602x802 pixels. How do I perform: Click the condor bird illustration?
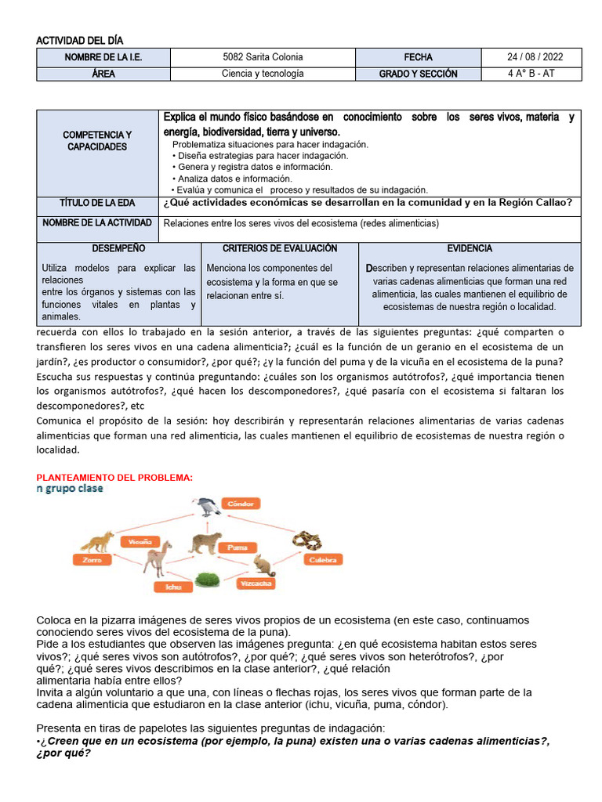pos(207,508)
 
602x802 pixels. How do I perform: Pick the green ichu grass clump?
pos(206,580)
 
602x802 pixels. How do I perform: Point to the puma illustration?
pos(205,543)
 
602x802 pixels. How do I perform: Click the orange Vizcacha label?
pos(257,583)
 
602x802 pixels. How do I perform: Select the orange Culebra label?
pos(322,561)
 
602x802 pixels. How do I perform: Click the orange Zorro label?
pos(87,560)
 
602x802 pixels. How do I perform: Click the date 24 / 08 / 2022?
pos(534,57)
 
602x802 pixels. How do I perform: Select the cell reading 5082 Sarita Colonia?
pos(263,57)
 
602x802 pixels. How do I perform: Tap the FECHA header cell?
pos(418,57)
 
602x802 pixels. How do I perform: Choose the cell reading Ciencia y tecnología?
pos(263,74)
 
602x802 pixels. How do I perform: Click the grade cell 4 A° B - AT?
pos(534,74)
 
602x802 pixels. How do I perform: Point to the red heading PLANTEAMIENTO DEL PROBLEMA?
pos(114,477)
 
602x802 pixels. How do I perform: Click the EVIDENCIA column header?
pos(470,248)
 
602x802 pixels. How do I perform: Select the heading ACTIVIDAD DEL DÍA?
pos(80,40)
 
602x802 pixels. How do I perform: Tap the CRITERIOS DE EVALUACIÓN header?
pos(279,248)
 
